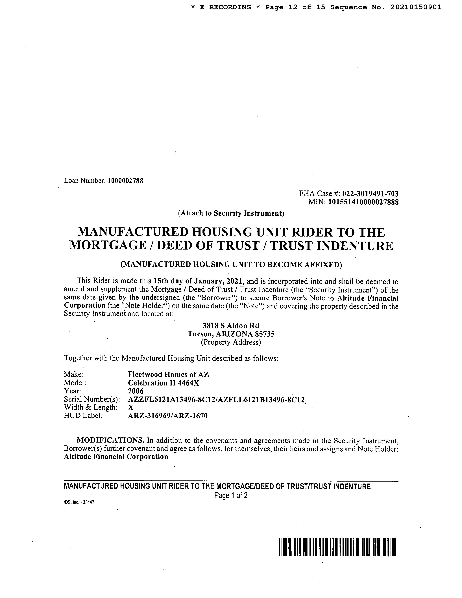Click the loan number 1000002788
[125, 181]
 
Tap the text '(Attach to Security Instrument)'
[231, 213]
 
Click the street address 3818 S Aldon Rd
[231, 326]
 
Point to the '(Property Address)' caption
[231, 342]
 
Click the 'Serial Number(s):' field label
[92, 400]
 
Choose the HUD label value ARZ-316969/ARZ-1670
[168, 416]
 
